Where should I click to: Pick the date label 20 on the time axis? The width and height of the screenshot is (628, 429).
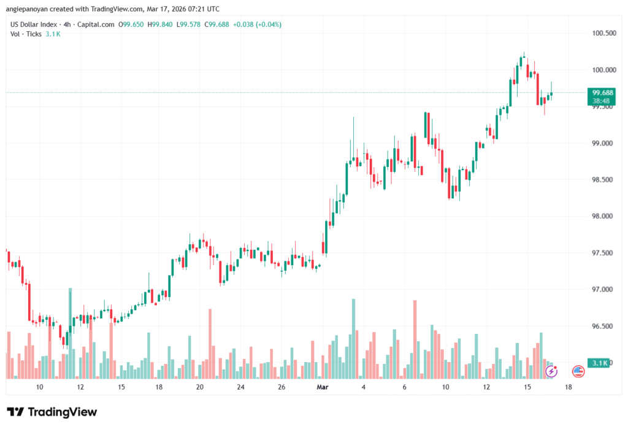pos(200,387)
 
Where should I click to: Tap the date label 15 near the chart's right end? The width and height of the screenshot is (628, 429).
pos(527,387)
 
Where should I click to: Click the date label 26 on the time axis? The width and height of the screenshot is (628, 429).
pos(281,387)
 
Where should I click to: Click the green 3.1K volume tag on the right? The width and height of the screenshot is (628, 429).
pos(599,363)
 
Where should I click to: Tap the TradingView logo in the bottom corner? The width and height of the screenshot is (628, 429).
pos(52,412)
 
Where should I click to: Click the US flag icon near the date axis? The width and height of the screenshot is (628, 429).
pos(578,371)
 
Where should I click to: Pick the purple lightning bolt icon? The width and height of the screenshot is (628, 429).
pos(551,371)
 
